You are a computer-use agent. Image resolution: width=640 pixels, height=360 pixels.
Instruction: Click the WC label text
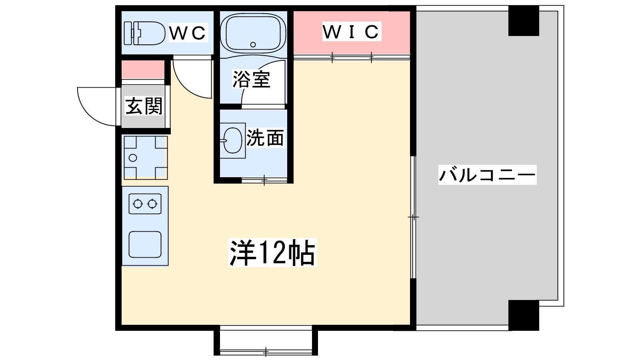click(188, 33)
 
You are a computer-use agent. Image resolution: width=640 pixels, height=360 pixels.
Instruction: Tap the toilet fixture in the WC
click(144, 33)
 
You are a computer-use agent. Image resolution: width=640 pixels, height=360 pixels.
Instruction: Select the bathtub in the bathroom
click(253, 33)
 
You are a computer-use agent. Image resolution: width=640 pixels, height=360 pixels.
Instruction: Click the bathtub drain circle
click(253, 44)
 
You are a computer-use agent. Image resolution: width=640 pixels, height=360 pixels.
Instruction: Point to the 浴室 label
click(251, 79)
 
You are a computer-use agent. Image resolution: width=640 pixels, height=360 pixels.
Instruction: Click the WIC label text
click(352, 32)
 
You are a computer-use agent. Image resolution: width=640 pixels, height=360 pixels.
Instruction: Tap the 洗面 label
click(265, 138)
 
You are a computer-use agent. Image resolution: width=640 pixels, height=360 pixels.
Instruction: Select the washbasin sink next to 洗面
click(232, 140)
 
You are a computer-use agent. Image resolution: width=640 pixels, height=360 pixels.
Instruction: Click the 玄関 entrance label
click(144, 106)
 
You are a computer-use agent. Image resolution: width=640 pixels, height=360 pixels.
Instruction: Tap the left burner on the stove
click(138, 204)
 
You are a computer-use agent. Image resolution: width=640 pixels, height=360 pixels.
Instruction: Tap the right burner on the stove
click(152, 204)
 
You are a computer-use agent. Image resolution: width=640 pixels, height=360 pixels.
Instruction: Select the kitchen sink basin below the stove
click(145, 244)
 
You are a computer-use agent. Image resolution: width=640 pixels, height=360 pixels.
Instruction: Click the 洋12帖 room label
click(272, 253)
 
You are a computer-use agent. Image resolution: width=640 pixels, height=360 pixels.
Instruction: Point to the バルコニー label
click(487, 175)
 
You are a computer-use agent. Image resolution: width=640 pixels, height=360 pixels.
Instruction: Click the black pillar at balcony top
click(524, 21)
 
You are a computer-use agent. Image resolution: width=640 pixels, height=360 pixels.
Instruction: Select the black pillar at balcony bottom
click(524, 315)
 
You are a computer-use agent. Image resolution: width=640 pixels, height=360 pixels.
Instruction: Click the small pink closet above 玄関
click(143, 70)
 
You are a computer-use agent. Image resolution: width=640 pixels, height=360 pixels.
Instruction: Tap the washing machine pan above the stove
click(145, 157)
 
